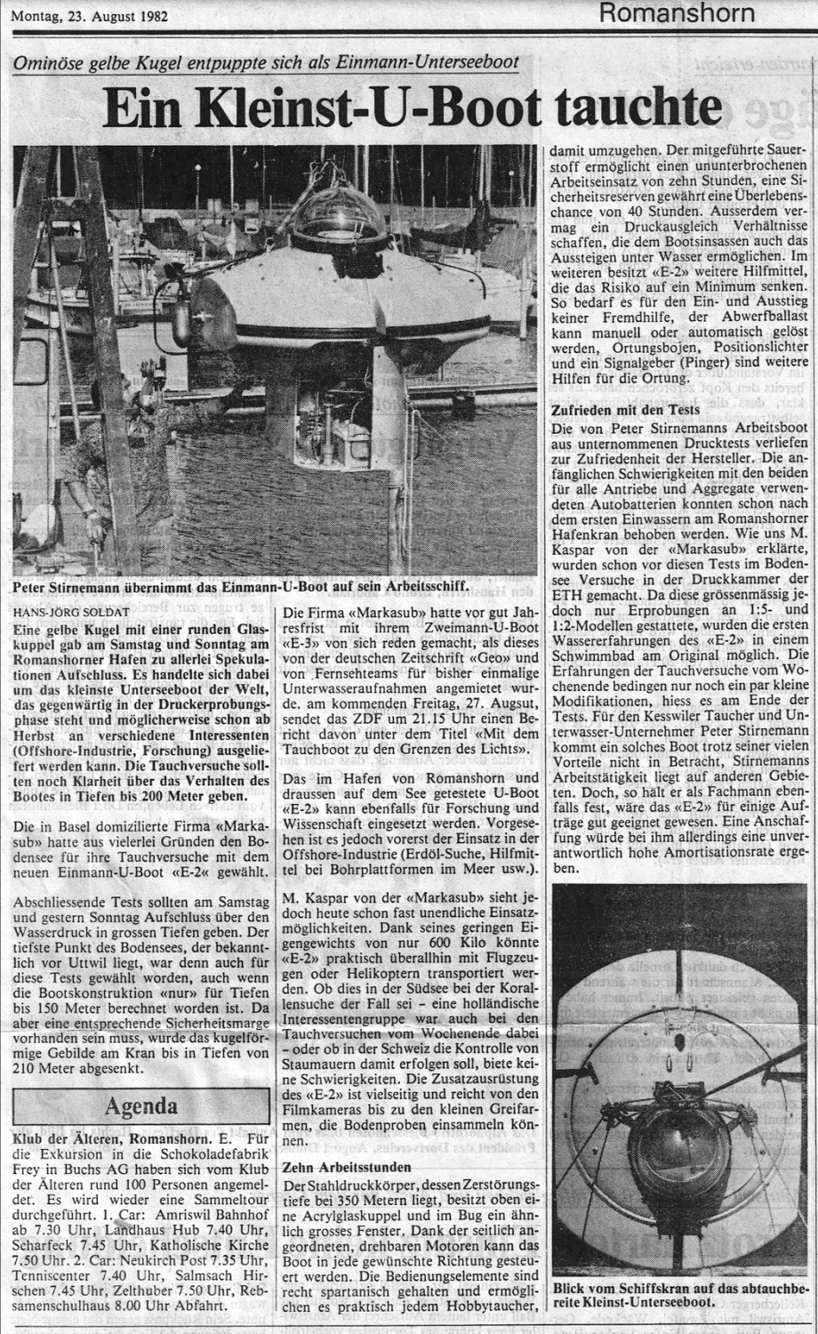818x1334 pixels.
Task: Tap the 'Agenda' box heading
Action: click(x=141, y=1107)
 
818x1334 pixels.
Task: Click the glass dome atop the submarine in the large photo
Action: click(x=335, y=215)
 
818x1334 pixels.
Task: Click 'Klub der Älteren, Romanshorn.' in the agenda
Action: click(x=109, y=1139)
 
